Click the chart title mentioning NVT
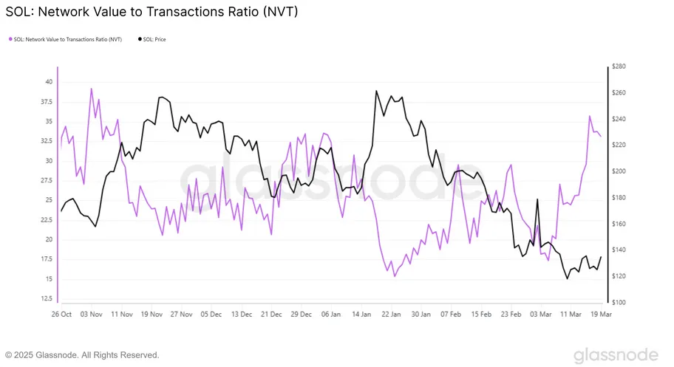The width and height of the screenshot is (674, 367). click(x=152, y=13)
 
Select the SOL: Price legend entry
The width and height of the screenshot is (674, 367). click(x=153, y=39)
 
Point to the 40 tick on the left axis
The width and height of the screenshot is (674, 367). click(x=48, y=82)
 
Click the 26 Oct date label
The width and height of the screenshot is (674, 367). click(x=61, y=314)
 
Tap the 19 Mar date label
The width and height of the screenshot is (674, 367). click(x=599, y=314)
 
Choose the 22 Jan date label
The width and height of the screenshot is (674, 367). click(x=391, y=314)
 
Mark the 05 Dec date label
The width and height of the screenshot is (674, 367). click(x=210, y=314)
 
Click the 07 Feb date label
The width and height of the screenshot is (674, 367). click(x=451, y=314)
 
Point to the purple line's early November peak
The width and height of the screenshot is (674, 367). click(x=91, y=89)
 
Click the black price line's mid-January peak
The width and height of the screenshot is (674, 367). click(x=376, y=91)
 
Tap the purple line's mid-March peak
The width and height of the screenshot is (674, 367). click(x=590, y=116)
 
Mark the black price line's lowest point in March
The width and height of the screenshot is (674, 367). click(x=567, y=278)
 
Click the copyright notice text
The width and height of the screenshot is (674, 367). click(x=82, y=355)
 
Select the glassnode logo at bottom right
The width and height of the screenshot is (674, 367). click(x=616, y=354)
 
